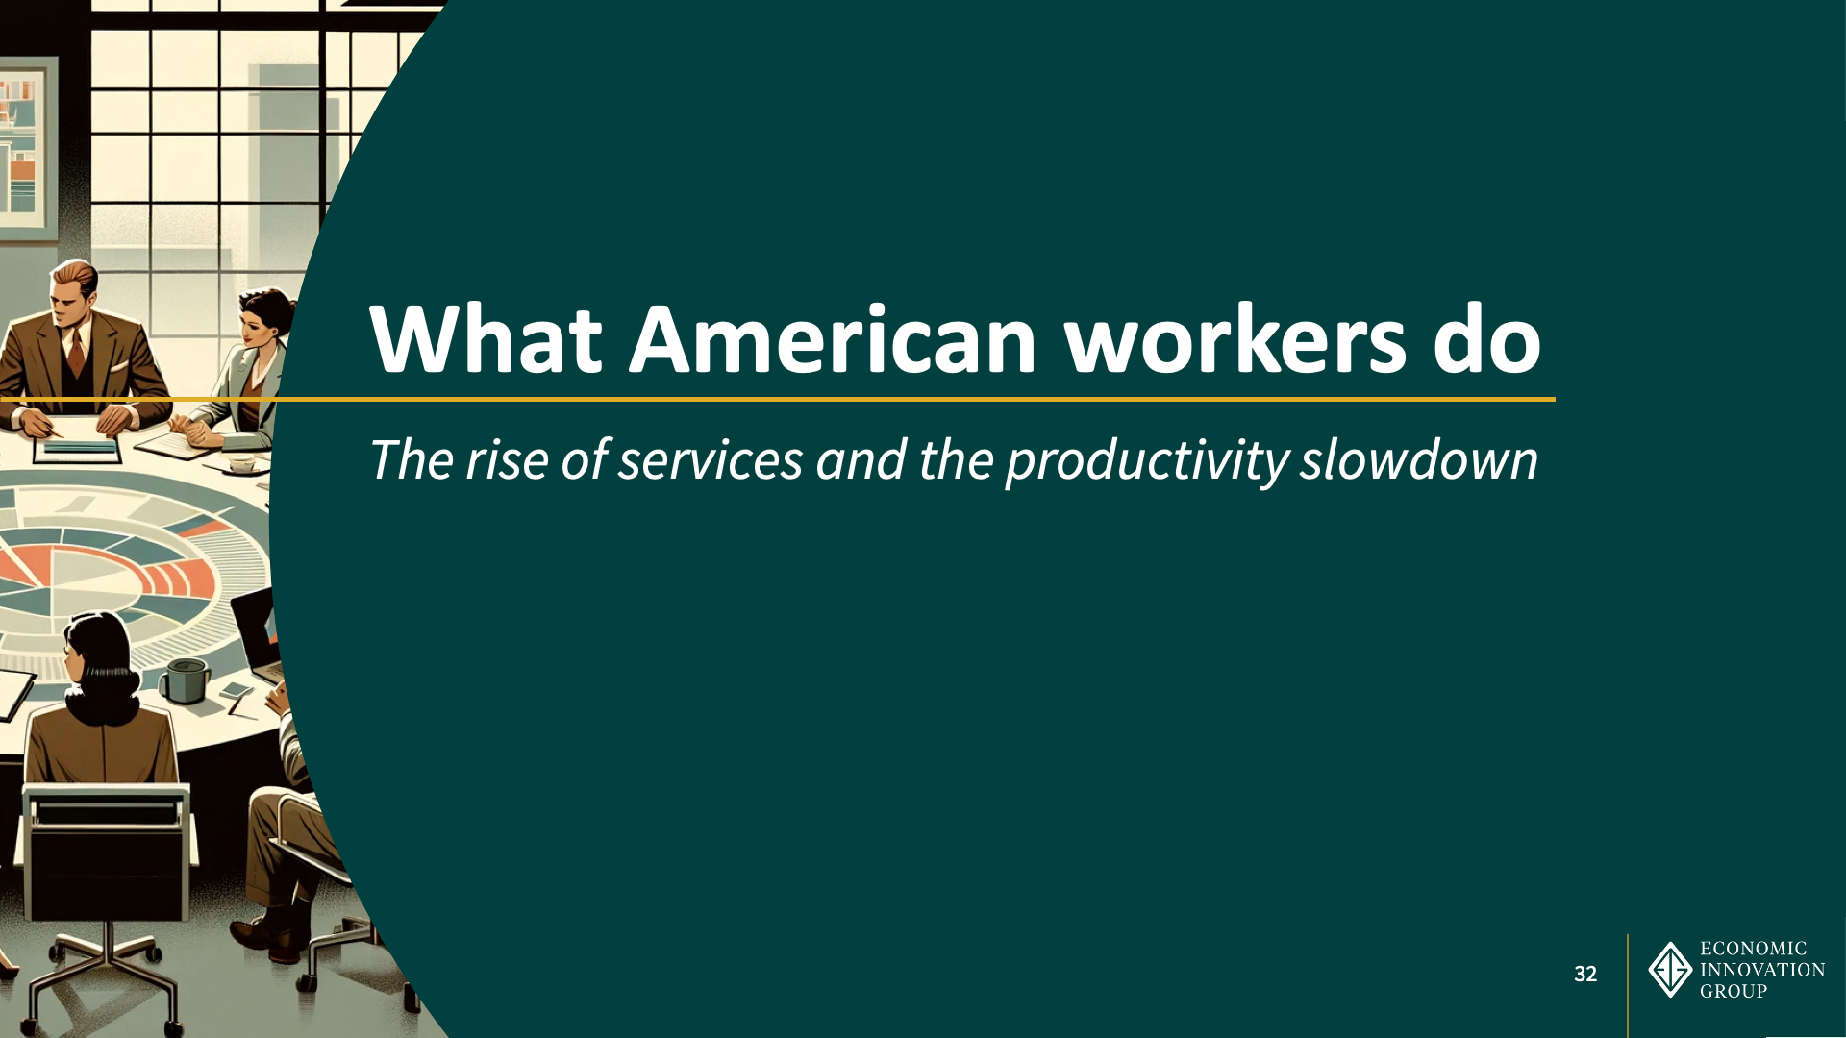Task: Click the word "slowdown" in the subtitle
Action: [1419, 459]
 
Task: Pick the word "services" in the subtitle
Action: [711, 460]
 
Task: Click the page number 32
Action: [1585, 974]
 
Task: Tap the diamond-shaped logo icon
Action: [1671, 970]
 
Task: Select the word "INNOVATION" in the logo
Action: [1762, 970]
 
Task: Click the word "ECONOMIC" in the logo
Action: [1754, 949]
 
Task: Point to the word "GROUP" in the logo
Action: [1734, 991]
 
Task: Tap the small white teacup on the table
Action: [241, 464]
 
